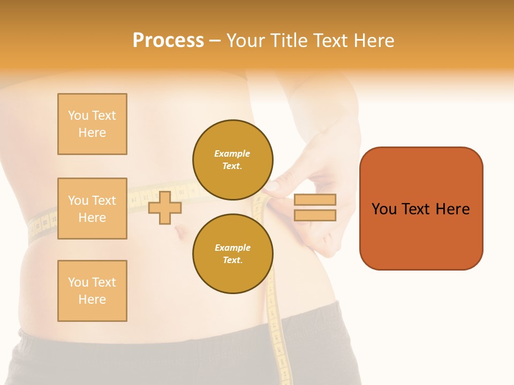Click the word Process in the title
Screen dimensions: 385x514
(168, 41)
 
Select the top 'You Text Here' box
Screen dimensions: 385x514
(92, 124)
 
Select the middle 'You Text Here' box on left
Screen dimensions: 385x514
(92, 209)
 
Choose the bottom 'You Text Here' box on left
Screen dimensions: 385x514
(92, 291)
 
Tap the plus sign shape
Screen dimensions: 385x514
(165, 207)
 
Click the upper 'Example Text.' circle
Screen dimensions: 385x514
(233, 160)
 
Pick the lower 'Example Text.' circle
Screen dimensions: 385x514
(233, 254)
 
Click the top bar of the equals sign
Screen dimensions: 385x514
(315, 199)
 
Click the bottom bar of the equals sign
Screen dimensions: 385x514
(315, 215)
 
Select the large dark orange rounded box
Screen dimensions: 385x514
(421, 208)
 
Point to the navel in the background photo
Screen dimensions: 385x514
(180, 232)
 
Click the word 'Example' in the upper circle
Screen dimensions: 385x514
(232, 154)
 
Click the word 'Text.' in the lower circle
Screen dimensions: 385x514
(232, 260)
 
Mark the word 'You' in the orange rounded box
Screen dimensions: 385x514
(384, 209)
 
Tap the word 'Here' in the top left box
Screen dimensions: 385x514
(92, 133)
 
